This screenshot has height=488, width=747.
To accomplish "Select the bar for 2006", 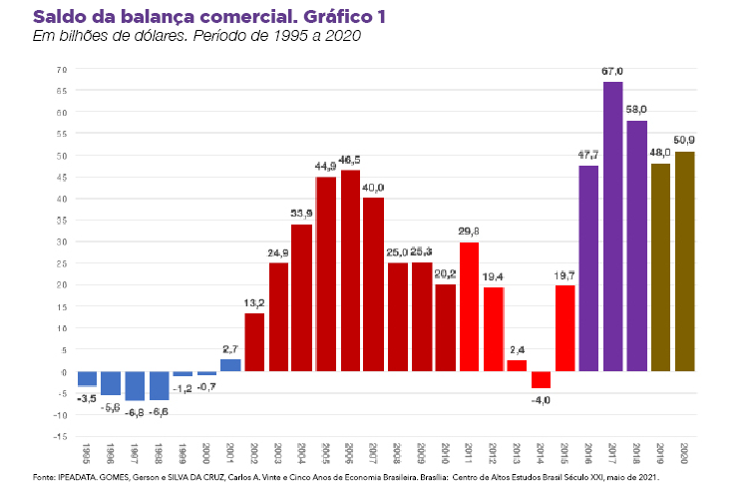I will click(x=350, y=270).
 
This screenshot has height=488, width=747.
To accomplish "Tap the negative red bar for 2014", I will click(x=541, y=380).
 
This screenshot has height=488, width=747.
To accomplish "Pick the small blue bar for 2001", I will click(x=230, y=365).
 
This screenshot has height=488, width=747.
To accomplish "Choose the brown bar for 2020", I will click(x=684, y=261).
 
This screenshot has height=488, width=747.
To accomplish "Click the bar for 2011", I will click(x=469, y=306).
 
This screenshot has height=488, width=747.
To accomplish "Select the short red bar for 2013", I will click(x=517, y=366).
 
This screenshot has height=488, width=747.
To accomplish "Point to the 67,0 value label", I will click(x=612, y=72).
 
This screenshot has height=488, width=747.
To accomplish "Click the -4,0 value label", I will click(x=541, y=399).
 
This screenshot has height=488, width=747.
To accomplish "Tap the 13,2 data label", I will click(x=254, y=303).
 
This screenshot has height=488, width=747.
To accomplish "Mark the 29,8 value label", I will click(x=469, y=232).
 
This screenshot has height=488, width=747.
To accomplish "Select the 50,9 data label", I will click(x=684, y=141).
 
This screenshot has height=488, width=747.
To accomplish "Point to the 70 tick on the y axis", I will click(x=61, y=70).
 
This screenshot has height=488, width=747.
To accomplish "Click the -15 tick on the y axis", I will click(x=61, y=436).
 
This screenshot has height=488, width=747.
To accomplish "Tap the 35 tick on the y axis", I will click(x=61, y=221).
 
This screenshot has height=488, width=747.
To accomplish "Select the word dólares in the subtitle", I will click(x=145, y=36).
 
